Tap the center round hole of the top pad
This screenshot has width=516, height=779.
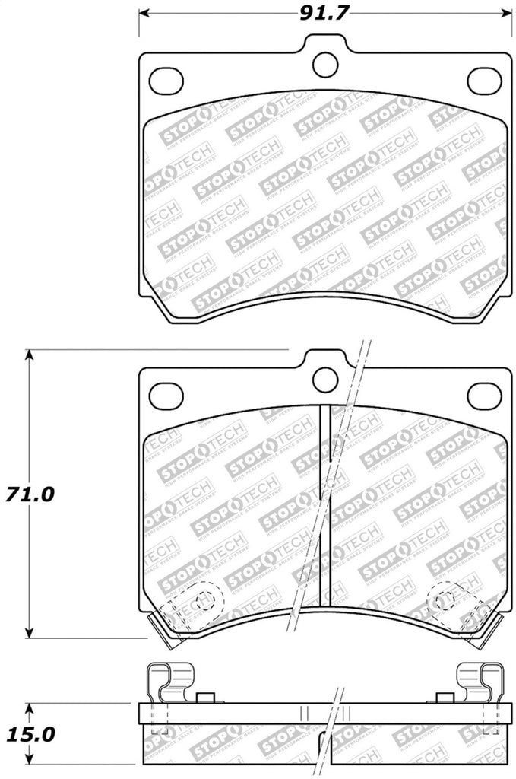coord(326,63)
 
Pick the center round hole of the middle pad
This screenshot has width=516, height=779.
coord(326,378)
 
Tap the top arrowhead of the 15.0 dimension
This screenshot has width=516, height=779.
coord(30,707)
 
